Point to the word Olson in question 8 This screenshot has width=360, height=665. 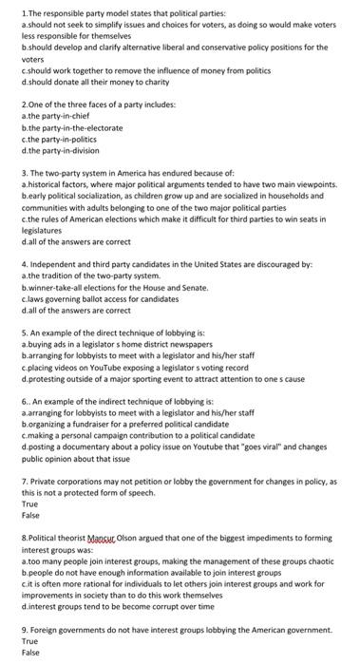138,539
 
